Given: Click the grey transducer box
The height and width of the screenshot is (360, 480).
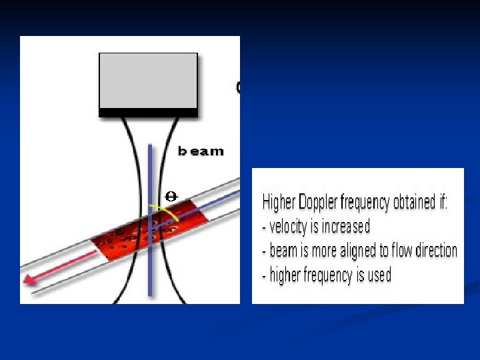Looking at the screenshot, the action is pyautogui.click(x=148, y=79).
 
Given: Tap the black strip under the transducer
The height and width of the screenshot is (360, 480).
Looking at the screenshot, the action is pyautogui.click(x=148, y=112).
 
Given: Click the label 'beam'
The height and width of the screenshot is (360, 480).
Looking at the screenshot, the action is pyautogui.click(x=201, y=151).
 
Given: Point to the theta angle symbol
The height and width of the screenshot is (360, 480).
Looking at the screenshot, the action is pyautogui.click(x=170, y=196).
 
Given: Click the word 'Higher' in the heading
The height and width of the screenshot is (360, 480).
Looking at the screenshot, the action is pyautogui.click(x=279, y=202).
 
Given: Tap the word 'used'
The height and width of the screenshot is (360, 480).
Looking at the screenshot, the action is pyautogui.click(x=379, y=275).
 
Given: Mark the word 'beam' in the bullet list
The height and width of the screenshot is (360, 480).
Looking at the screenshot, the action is pyautogui.click(x=283, y=251).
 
